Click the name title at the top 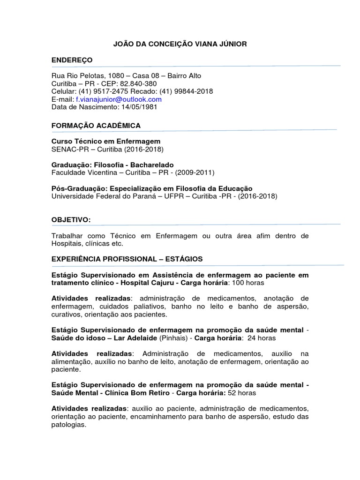click(x=180, y=44)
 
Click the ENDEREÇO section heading click(x=72, y=60)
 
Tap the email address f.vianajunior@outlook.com click(x=119, y=99)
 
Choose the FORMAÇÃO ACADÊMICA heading click(x=96, y=126)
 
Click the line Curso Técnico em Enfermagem click(x=105, y=141)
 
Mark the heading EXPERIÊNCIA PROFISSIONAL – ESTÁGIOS click(x=127, y=259)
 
